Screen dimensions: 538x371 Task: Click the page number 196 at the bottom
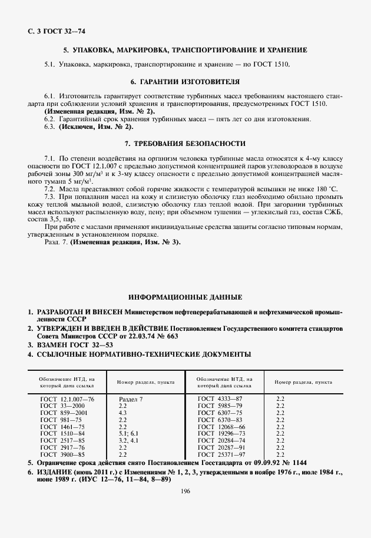click(185, 492)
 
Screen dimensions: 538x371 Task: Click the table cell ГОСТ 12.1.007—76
click(67, 399)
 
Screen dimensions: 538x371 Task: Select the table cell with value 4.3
click(123, 413)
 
